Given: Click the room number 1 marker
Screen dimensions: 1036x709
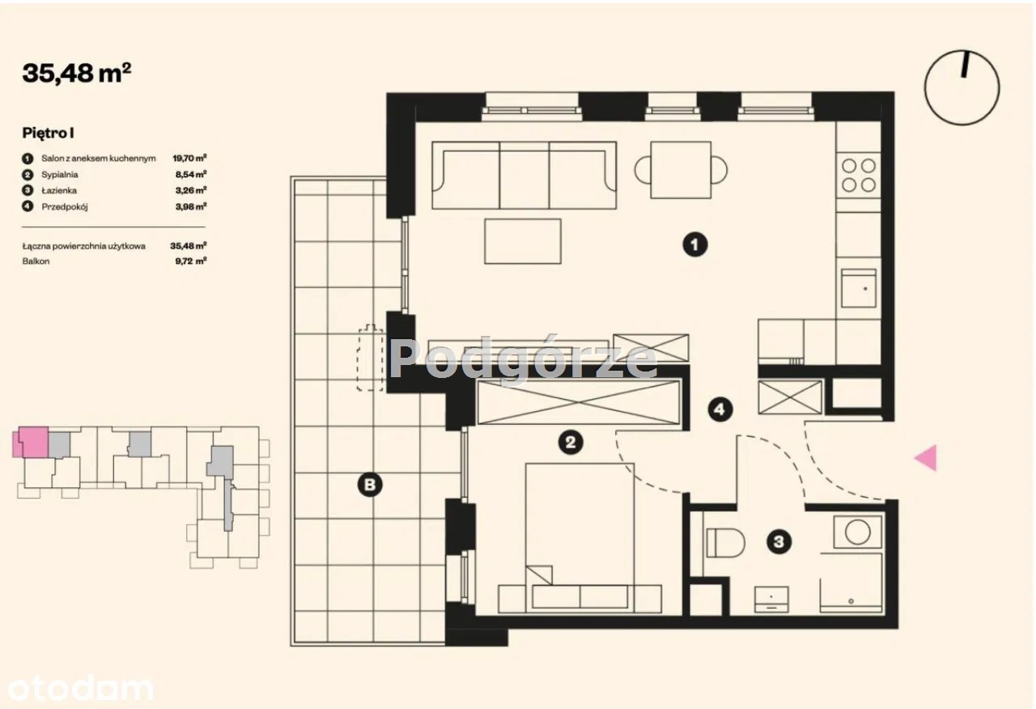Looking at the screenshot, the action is point(694,244).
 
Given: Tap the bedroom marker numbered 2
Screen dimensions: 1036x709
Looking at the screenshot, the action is point(571,442).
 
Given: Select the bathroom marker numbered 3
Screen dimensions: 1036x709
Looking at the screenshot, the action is point(779,541).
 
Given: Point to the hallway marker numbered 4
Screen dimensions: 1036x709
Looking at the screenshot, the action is point(720,410).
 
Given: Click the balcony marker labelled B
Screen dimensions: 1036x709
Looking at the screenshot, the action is point(370,485).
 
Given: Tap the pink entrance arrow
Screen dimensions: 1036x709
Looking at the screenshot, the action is point(926,457).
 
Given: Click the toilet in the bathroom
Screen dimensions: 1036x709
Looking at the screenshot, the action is point(725,542).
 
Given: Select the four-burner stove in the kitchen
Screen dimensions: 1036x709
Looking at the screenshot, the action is point(858,176).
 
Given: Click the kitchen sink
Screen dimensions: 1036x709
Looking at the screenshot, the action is point(859,288).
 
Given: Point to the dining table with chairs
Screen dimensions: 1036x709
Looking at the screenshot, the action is point(681,170).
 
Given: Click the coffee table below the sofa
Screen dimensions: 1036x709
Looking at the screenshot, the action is point(523,241).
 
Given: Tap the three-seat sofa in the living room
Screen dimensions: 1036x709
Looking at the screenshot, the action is point(524,175).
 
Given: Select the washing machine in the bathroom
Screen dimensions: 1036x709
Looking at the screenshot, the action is point(857,532).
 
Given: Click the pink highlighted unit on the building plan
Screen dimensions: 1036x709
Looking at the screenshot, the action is point(32,442).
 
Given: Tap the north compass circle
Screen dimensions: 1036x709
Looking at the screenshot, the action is point(962,88).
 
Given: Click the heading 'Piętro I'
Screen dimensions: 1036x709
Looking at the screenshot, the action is point(48,133).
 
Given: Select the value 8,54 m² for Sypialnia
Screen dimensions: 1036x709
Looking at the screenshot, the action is point(190,174).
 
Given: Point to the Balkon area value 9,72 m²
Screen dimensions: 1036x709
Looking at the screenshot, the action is point(190,261).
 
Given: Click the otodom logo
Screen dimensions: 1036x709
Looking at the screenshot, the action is point(80,689).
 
